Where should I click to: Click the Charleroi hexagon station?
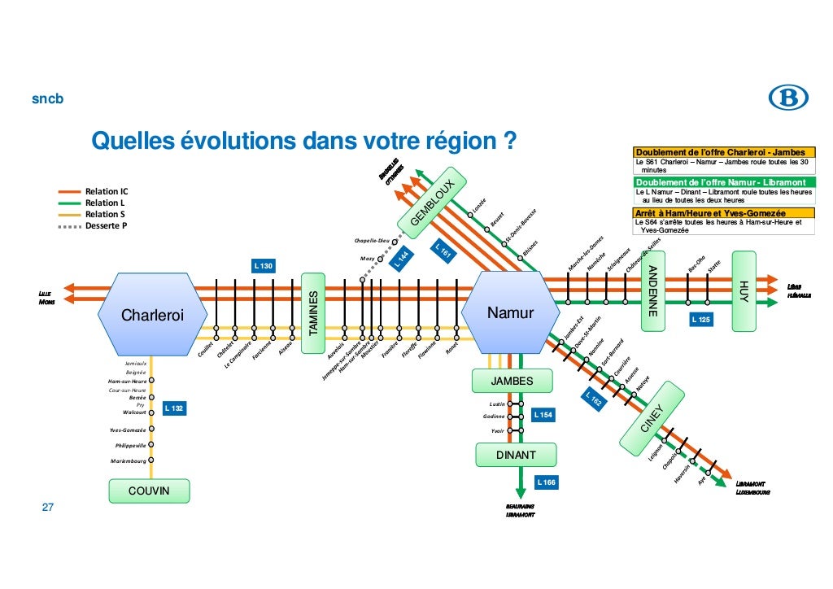coord(153,313)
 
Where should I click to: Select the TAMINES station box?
coord(313,313)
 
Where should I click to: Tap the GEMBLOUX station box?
coord(436,202)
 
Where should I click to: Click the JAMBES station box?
coord(512,381)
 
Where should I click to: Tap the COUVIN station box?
coord(150,491)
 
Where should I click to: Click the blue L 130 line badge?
coord(264,266)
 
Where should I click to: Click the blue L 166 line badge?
coord(547,483)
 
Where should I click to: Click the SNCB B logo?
coord(788,99)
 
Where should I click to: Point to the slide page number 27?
coord(48,508)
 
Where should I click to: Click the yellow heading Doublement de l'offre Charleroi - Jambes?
coord(721,152)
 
